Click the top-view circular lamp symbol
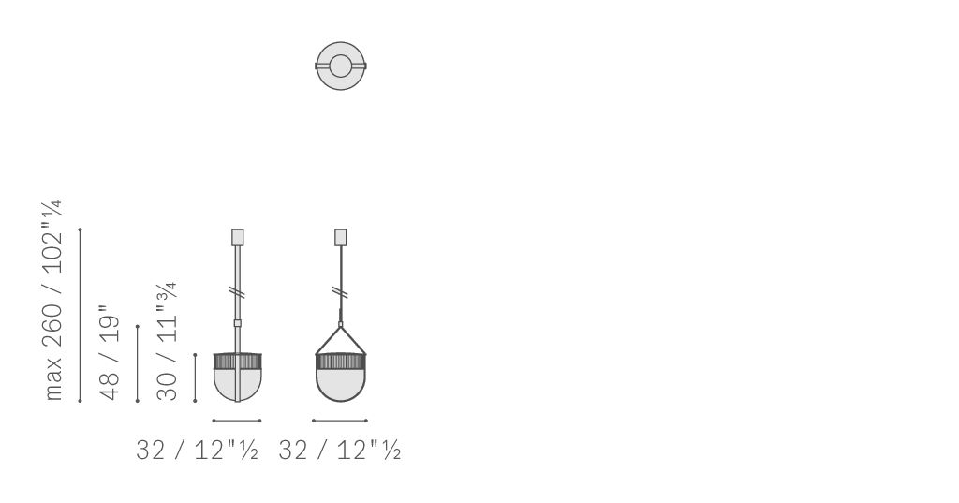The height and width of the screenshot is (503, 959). pyautogui.click(x=341, y=44)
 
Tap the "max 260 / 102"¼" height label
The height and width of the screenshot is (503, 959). pyautogui.click(x=53, y=301)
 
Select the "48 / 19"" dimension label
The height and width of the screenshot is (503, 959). pyautogui.click(x=110, y=353)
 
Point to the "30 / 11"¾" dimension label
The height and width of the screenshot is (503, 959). pyautogui.click(x=167, y=342)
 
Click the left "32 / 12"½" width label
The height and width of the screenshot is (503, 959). pyautogui.click(x=197, y=451)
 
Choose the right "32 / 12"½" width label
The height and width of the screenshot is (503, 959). pyautogui.click(x=339, y=451)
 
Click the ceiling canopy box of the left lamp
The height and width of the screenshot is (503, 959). pyautogui.click(x=237, y=237)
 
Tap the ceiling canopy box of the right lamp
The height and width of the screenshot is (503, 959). pyautogui.click(x=341, y=237)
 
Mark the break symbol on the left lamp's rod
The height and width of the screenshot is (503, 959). pyautogui.click(x=238, y=292)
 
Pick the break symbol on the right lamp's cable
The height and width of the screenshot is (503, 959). pyautogui.click(x=341, y=292)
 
